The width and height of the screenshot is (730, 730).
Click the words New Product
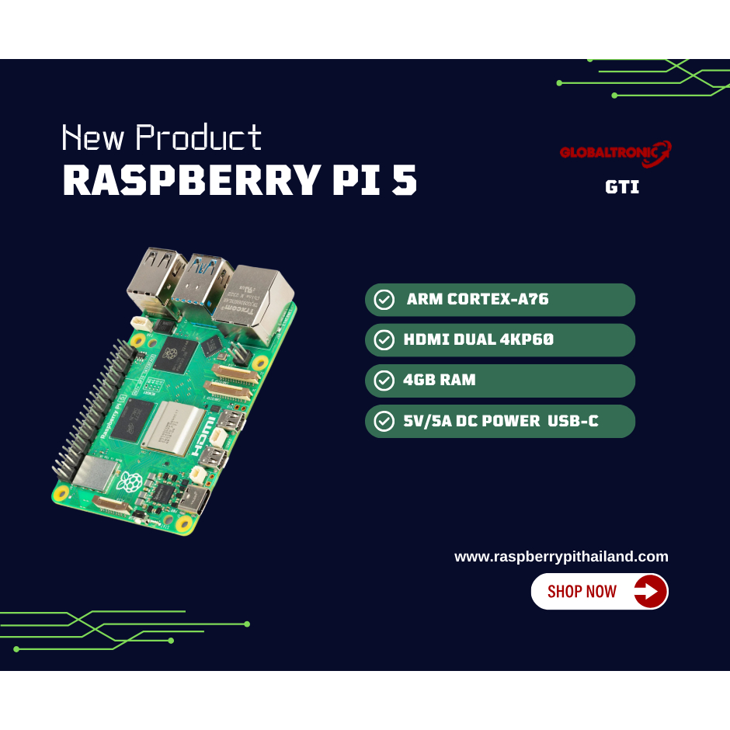tap(162, 138)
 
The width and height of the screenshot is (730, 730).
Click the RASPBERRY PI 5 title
tap(239, 181)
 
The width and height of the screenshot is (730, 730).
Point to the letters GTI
tap(622, 187)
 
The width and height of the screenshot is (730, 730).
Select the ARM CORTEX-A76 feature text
tap(477, 300)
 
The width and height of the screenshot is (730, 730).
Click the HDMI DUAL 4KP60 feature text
tap(478, 340)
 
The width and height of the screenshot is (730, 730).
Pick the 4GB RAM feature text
tap(440, 381)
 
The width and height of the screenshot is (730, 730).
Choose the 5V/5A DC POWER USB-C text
tap(501, 421)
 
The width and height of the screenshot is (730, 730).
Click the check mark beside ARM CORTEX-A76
tap(384, 300)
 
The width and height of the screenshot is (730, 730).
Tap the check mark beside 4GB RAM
tap(384, 381)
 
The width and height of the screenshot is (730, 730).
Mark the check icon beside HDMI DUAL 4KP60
tap(384, 340)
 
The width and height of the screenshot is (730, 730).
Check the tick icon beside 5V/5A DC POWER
tap(384, 421)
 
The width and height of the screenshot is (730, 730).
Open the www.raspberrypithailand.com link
tap(561, 556)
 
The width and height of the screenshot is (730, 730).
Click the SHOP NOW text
tap(582, 592)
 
